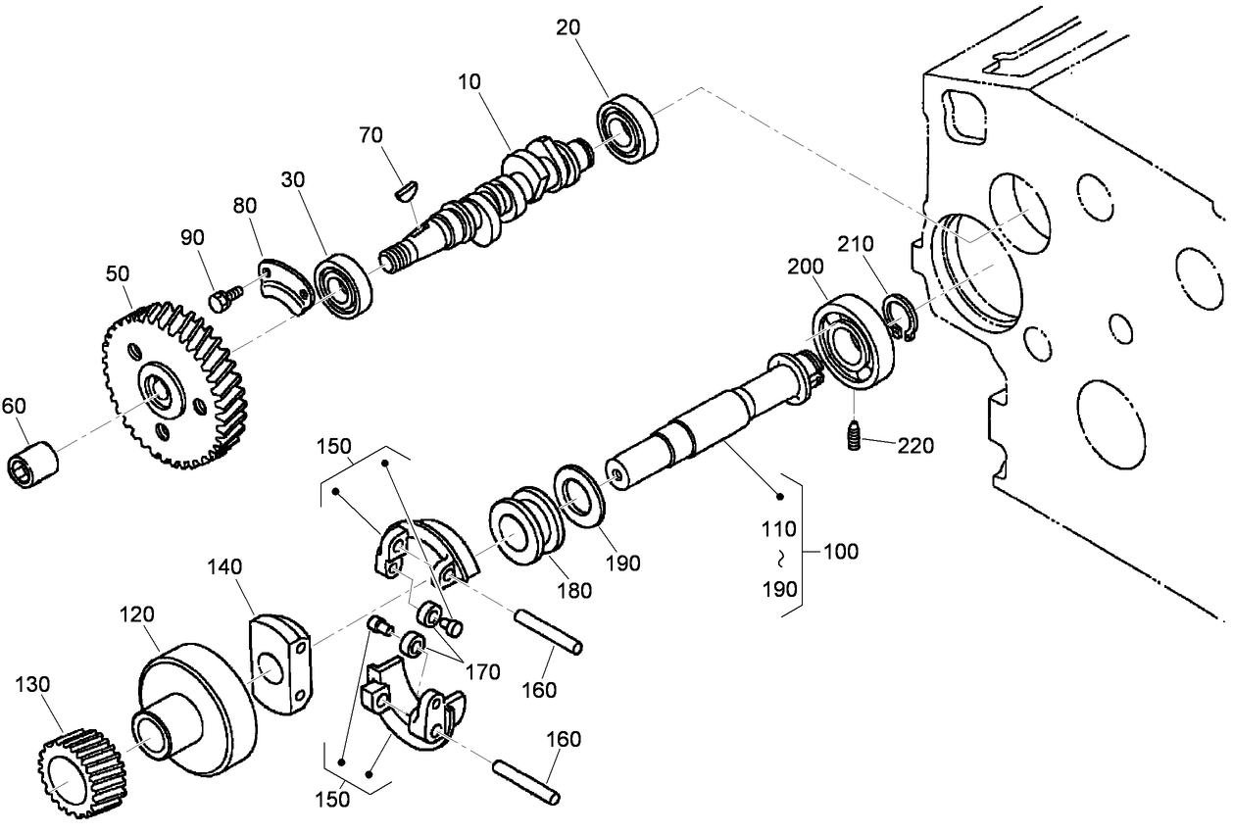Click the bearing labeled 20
coord(626,127)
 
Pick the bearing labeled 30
coord(343,286)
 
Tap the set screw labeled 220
coord(854,435)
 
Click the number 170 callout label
coord(482,672)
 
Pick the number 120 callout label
coord(137,614)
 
